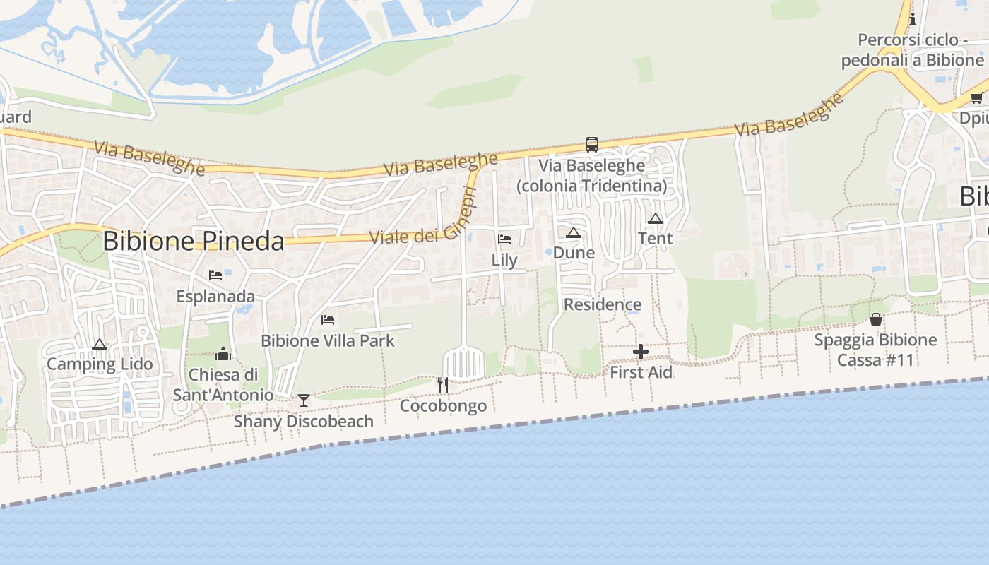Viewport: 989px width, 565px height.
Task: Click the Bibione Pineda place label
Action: (193, 241)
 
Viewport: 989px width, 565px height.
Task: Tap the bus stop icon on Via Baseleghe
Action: (592, 145)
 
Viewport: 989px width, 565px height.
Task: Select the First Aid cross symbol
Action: (641, 352)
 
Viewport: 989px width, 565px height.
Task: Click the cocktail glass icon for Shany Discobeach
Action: (304, 400)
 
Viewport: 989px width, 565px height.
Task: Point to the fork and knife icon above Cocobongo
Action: (443, 385)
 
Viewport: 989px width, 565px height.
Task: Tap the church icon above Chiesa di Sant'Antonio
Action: (223, 354)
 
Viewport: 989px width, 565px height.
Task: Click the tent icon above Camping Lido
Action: (100, 345)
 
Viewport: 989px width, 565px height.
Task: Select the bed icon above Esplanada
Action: (215, 275)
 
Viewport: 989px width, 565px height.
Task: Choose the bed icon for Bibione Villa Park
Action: (328, 320)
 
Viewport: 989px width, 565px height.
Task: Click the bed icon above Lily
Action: (504, 239)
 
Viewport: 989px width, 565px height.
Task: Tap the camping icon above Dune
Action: (574, 232)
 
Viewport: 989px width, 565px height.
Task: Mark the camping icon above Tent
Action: (656, 218)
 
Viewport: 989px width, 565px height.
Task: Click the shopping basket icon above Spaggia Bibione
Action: (876, 319)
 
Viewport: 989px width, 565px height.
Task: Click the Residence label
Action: (603, 304)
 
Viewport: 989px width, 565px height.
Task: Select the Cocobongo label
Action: (443, 406)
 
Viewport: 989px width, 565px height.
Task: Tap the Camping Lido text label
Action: (100, 364)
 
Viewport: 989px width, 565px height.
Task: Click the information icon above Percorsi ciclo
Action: (913, 19)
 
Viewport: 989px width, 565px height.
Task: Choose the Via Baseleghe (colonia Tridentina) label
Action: (592, 175)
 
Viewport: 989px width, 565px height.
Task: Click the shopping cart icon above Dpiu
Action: (976, 98)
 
